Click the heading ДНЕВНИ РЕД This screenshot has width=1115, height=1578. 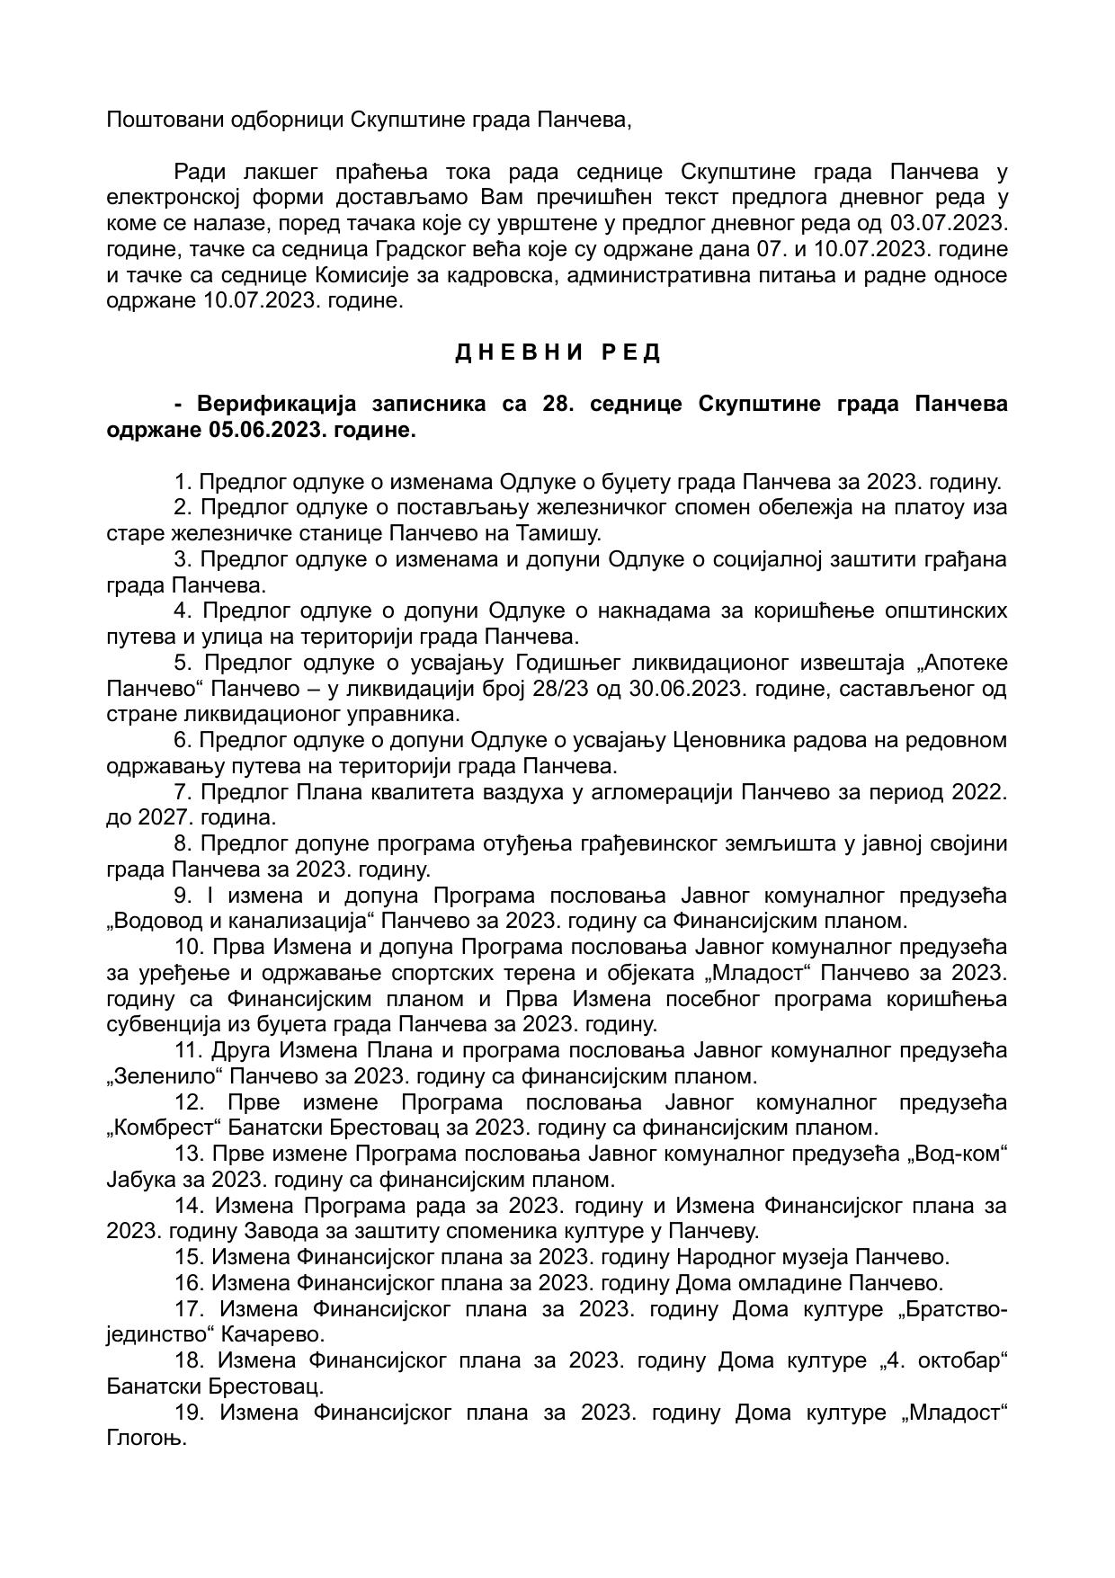557,352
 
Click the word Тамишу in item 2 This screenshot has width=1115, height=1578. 557,533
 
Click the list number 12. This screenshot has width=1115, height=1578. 190,1102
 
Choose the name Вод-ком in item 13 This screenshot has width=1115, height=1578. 960,1154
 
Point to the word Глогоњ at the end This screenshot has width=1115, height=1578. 146,1438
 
